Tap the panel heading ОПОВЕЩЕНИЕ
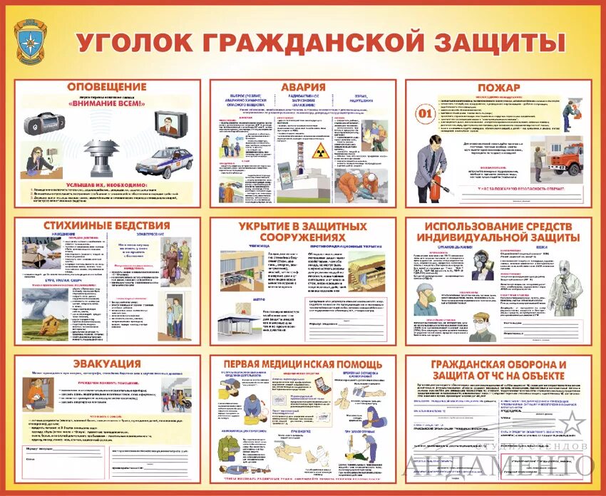(x=107, y=87)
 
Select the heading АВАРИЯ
(x=303, y=87)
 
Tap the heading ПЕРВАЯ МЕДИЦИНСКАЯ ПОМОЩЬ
(x=303, y=364)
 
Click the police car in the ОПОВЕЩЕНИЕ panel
(x=165, y=163)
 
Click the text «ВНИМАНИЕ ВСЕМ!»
(x=106, y=103)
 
